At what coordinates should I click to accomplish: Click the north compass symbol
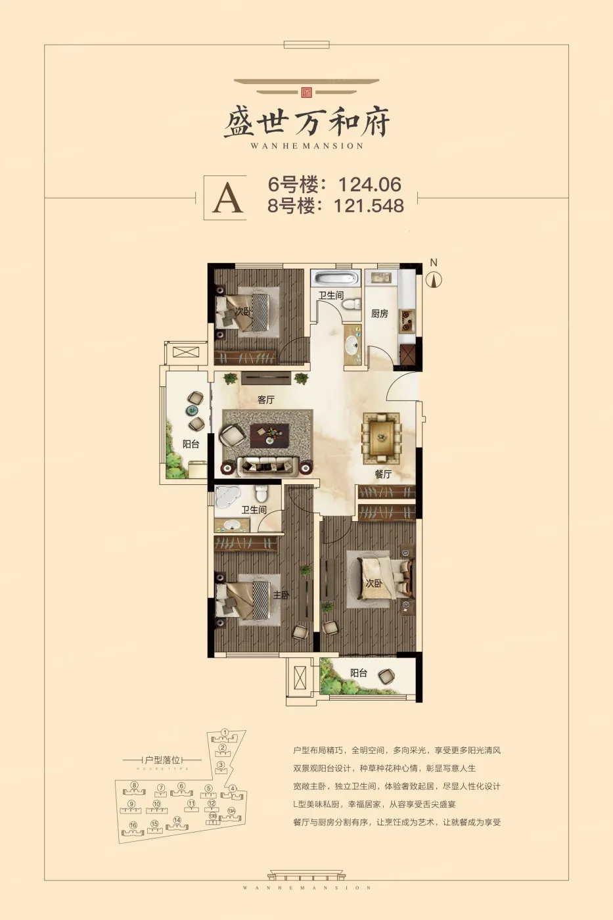pyautogui.click(x=434, y=279)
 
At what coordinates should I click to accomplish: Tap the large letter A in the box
pyautogui.click(x=227, y=197)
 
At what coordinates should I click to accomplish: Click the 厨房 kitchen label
pyautogui.click(x=380, y=313)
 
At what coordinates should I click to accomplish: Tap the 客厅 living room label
pyautogui.click(x=265, y=400)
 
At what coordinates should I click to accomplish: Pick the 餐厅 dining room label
pyautogui.click(x=383, y=474)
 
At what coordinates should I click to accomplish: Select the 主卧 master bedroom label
pyautogui.click(x=281, y=595)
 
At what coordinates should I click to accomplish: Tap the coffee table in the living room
pyautogui.click(x=269, y=434)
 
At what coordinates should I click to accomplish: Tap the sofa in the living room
pyautogui.click(x=266, y=466)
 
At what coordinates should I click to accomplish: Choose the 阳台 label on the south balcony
pyautogui.click(x=359, y=673)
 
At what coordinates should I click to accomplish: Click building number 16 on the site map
pyautogui.click(x=133, y=825)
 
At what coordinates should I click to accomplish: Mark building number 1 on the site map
pyautogui.click(x=224, y=732)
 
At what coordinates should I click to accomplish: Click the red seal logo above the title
pyautogui.click(x=306, y=92)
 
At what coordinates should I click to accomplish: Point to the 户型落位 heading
pyautogui.click(x=162, y=760)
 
